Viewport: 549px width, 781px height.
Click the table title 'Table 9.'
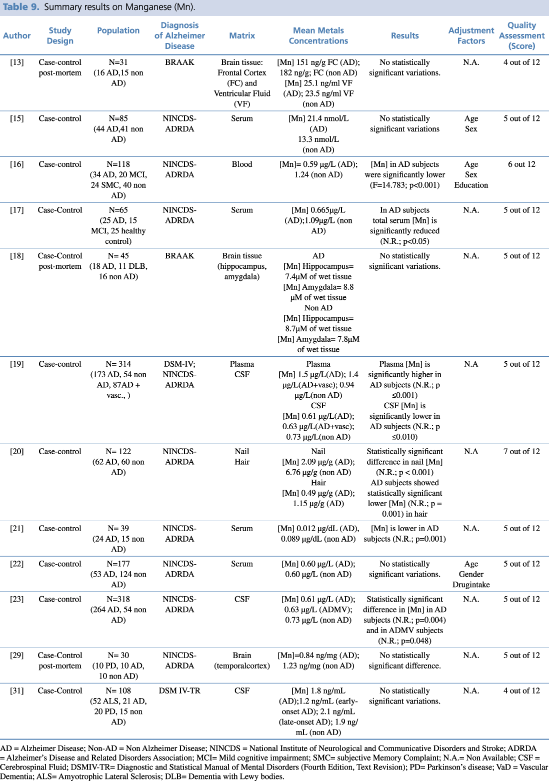pyautogui.click(x=21, y=7)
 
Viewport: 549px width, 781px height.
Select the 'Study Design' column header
pyautogui.click(x=60, y=35)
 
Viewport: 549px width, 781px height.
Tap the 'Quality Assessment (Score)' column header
pyautogui.click(x=521, y=35)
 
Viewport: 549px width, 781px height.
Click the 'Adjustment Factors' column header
pyautogui.click(x=471, y=35)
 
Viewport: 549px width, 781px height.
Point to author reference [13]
pyautogui.click(x=17, y=62)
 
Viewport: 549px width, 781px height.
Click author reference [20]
pyautogui.click(x=17, y=451)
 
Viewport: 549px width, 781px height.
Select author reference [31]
pyautogui.click(x=17, y=691)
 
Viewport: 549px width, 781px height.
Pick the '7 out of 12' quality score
pyautogui.click(x=521, y=451)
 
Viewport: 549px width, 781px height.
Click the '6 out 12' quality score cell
pyautogui.click(x=521, y=164)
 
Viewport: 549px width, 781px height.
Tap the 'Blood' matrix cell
pyautogui.click(x=242, y=164)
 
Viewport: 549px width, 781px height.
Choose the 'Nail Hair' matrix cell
pyautogui.click(x=242, y=456)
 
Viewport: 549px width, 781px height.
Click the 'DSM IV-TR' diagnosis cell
pyautogui.click(x=179, y=691)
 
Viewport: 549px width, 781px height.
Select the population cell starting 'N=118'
pyautogui.click(x=118, y=179)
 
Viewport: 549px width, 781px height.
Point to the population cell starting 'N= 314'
pyautogui.click(x=118, y=379)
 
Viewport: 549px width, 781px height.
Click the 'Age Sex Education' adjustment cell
pyautogui.click(x=471, y=174)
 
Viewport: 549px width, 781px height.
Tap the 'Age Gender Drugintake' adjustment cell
pyautogui.click(x=471, y=574)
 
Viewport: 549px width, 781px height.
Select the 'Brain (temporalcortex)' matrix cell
pyautogui.click(x=242, y=660)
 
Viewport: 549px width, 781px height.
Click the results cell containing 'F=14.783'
pyautogui.click(x=404, y=174)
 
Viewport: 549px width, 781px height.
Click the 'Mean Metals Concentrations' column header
pyautogui.click(x=318, y=35)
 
